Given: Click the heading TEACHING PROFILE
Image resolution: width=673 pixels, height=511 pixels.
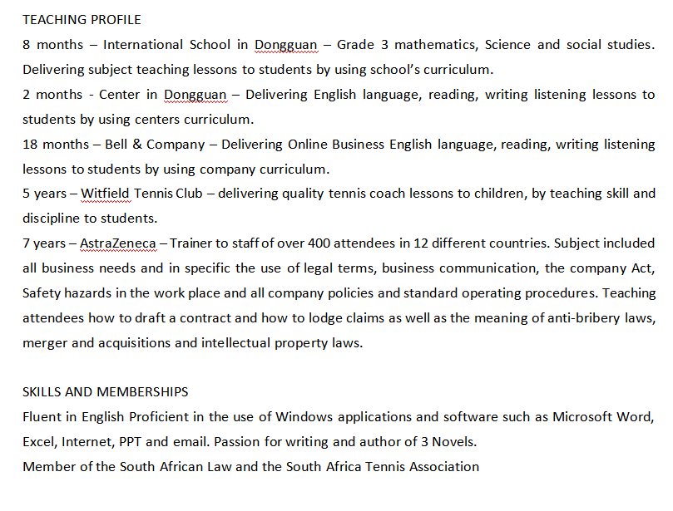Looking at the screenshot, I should coord(82,19).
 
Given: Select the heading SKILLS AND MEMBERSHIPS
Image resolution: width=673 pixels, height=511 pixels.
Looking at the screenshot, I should coord(105,392).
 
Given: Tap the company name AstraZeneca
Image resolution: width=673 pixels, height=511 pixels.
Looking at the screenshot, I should coord(117,243).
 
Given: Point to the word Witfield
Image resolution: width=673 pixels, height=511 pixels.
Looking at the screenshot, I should coord(106,194).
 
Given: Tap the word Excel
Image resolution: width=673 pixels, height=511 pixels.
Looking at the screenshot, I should coord(39,442).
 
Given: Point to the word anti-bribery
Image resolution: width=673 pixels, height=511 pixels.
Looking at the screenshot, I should coord(577,318).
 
